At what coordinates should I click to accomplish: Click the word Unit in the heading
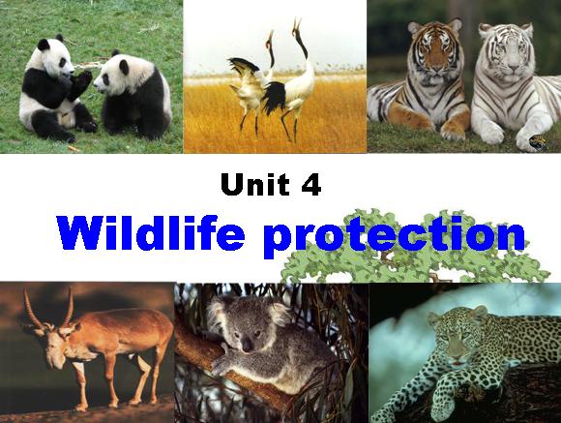pyautogui.click(x=255, y=184)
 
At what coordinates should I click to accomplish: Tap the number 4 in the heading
pyautogui.click(x=310, y=184)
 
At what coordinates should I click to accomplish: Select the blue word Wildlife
pyautogui.click(x=151, y=232)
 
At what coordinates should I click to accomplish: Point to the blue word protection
pyautogui.click(x=395, y=235)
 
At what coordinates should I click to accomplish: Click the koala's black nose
pyautogui.click(x=247, y=346)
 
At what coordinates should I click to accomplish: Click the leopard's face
pyautogui.click(x=455, y=338)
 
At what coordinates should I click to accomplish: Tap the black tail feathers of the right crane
pyautogui.click(x=275, y=98)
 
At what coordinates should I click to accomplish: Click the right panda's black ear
pyautogui.click(x=124, y=66)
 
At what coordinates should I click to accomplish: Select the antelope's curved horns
pyautogui.click(x=50, y=307)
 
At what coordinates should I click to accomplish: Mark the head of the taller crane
pyautogui.click(x=296, y=26)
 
